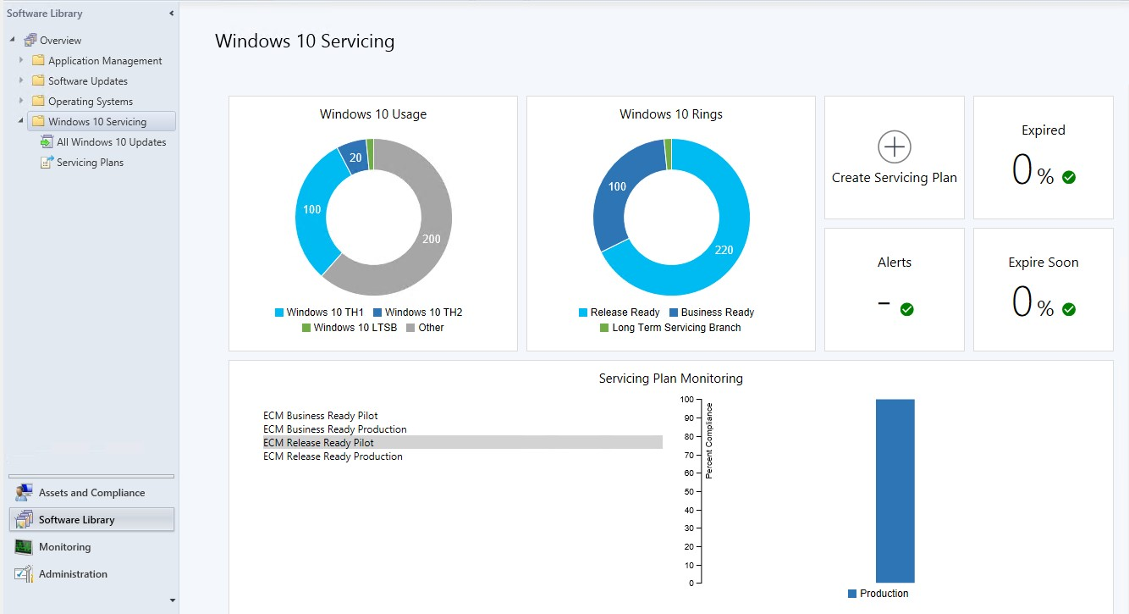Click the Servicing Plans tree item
point(82,163)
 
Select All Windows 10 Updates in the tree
point(103,142)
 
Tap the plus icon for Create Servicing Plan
point(894,147)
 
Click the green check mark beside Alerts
point(906,309)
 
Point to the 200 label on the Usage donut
point(431,239)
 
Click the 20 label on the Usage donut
point(355,158)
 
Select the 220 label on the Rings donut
point(724,250)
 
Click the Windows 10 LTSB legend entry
point(350,328)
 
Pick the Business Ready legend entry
point(712,313)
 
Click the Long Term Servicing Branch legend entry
point(670,328)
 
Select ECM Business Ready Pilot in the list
point(320,416)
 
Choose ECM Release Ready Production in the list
point(333,456)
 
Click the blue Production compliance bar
point(895,491)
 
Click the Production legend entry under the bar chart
point(878,594)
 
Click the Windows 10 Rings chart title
point(671,114)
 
